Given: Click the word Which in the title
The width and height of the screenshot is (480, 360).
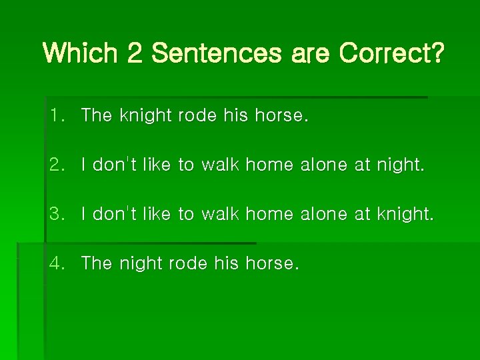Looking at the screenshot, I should pyautogui.click(x=81, y=53).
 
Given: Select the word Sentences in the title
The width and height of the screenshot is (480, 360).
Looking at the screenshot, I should pyautogui.click(x=217, y=53).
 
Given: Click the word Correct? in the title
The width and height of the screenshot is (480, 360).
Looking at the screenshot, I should pyautogui.click(x=391, y=53).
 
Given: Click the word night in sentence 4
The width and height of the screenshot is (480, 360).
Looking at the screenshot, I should pyautogui.click(x=142, y=263).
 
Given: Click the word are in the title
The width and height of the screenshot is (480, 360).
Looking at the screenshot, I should pyautogui.click(x=311, y=53).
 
